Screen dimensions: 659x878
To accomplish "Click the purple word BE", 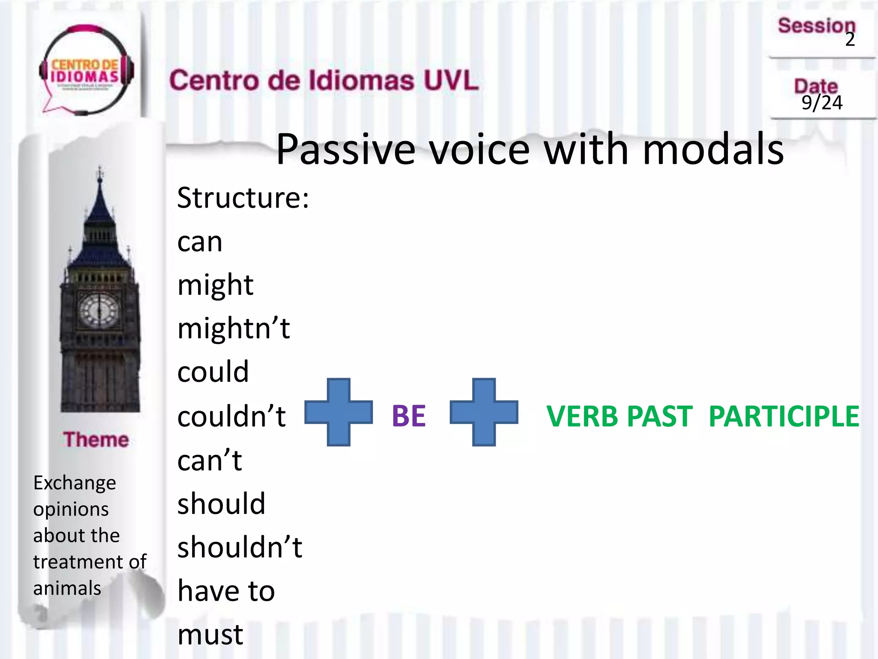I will click(x=409, y=416).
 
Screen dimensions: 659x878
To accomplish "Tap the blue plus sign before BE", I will click(x=339, y=412).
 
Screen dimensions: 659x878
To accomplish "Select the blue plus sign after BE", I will click(x=484, y=412).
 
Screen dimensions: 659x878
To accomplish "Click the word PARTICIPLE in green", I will click(x=784, y=417).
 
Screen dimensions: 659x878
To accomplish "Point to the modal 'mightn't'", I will click(x=234, y=329).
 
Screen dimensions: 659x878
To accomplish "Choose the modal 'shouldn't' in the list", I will click(x=240, y=548).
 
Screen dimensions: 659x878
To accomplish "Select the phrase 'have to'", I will click(x=226, y=591).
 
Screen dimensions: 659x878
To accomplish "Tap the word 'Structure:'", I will click(x=243, y=198).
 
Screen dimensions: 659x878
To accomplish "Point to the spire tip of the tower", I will click(x=100, y=169).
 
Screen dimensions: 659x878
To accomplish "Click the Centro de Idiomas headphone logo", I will click(x=86, y=71).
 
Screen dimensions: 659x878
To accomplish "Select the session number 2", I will click(x=850, y=40).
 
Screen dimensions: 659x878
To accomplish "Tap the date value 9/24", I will click(x=822, y=103).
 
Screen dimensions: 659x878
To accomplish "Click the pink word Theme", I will click(x=96, y=440).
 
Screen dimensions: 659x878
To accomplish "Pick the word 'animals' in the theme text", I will click(x=67, y=588).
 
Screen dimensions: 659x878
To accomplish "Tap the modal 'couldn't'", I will click(x=232, y=417).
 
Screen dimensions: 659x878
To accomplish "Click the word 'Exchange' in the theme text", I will click(x=75, y=483).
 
